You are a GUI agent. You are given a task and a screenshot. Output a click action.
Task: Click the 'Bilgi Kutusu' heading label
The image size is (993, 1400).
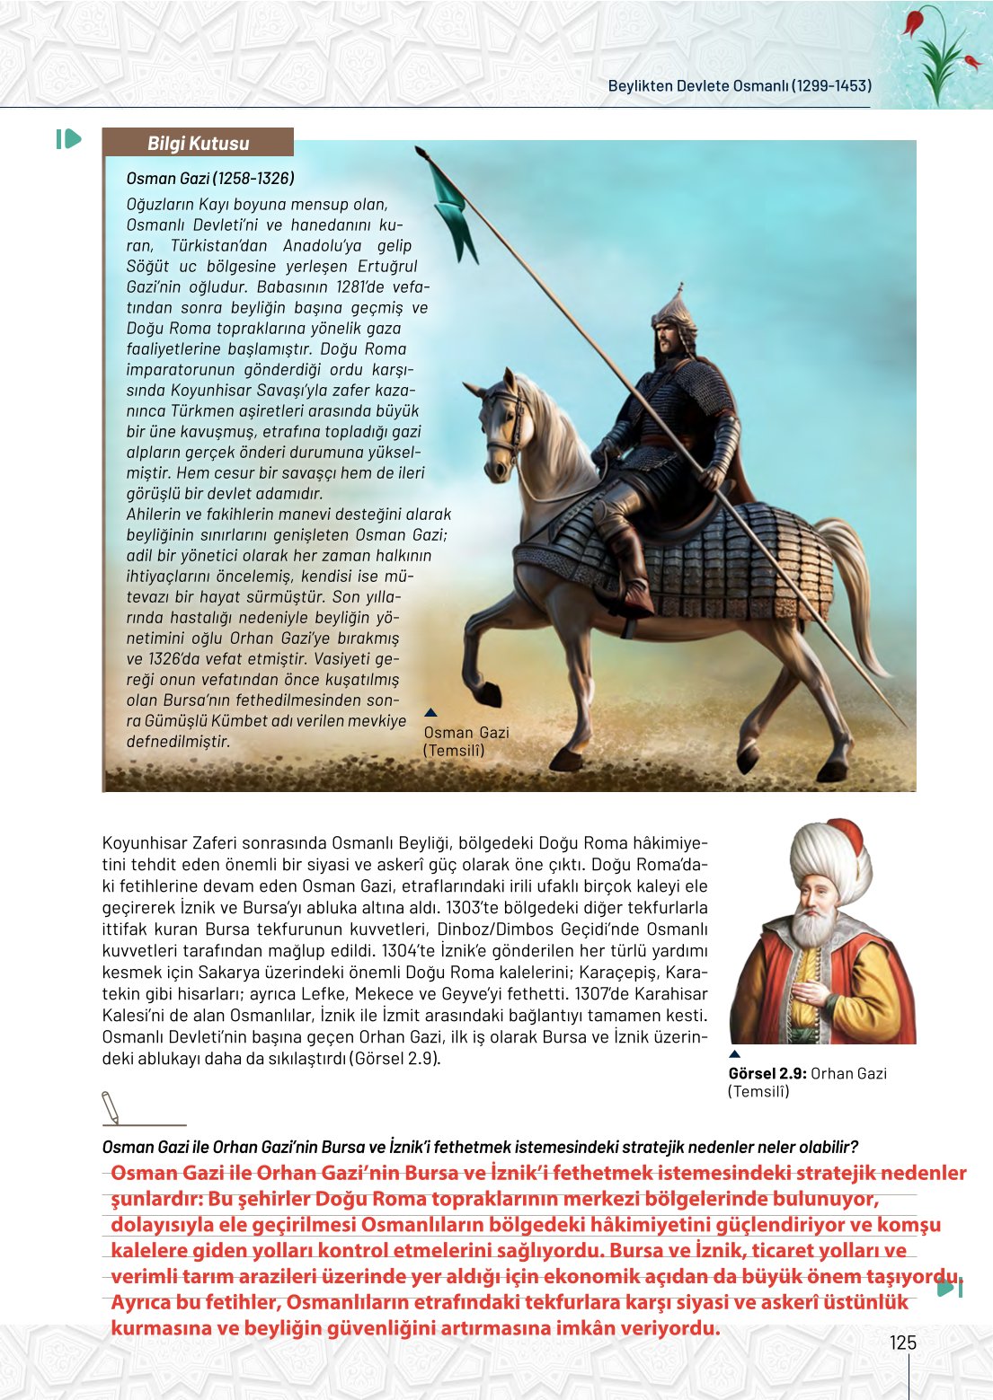click(198, 143)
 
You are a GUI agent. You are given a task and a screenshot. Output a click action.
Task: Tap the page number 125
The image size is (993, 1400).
click(902, 1343)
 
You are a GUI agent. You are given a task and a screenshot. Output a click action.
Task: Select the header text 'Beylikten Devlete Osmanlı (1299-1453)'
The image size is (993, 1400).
click(739, 86)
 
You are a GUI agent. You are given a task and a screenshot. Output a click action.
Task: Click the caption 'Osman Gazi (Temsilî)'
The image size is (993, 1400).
click(465, 741)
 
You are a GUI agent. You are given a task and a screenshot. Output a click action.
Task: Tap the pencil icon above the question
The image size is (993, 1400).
click(111, 1106)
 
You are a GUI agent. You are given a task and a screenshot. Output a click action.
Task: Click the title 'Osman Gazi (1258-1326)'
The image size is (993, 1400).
click(210, 178)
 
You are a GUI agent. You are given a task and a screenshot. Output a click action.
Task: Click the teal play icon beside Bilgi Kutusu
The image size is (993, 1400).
click(68, 139)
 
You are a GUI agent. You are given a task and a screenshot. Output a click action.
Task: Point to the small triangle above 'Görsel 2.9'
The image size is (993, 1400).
click(734, 1054)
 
